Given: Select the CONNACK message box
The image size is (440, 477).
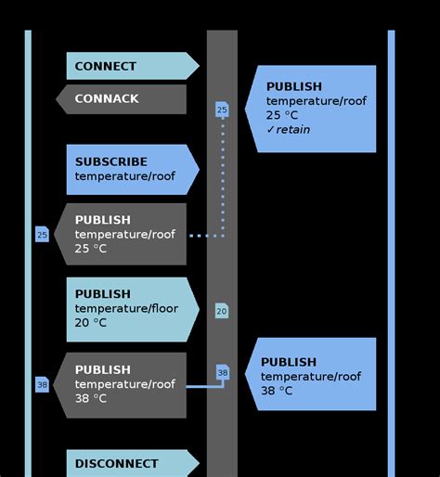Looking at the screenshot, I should pos(122,99).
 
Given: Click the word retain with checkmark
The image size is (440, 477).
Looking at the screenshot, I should pos(289,130).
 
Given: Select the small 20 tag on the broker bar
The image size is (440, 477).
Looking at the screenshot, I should pos(222,311).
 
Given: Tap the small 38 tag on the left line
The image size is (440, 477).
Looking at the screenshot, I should pos(42,384).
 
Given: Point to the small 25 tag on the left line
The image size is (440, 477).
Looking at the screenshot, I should pos(42,235).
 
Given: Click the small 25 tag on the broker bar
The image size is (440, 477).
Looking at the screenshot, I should pos(222,110).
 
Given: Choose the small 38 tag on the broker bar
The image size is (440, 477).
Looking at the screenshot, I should pos(222,372).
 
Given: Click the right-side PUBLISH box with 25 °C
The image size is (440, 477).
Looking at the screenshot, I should pos(312,109).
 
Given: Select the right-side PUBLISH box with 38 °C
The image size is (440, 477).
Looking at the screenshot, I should pos(312,375).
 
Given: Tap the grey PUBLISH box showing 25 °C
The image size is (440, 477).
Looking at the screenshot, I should pos(122,235).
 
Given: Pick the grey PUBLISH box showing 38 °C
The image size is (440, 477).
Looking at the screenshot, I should pos(122,384).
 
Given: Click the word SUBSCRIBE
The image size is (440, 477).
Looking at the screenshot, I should pos(110,161).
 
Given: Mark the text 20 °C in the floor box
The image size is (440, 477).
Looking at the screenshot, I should pos(91,323).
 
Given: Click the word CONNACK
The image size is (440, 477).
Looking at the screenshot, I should pos(107,99).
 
